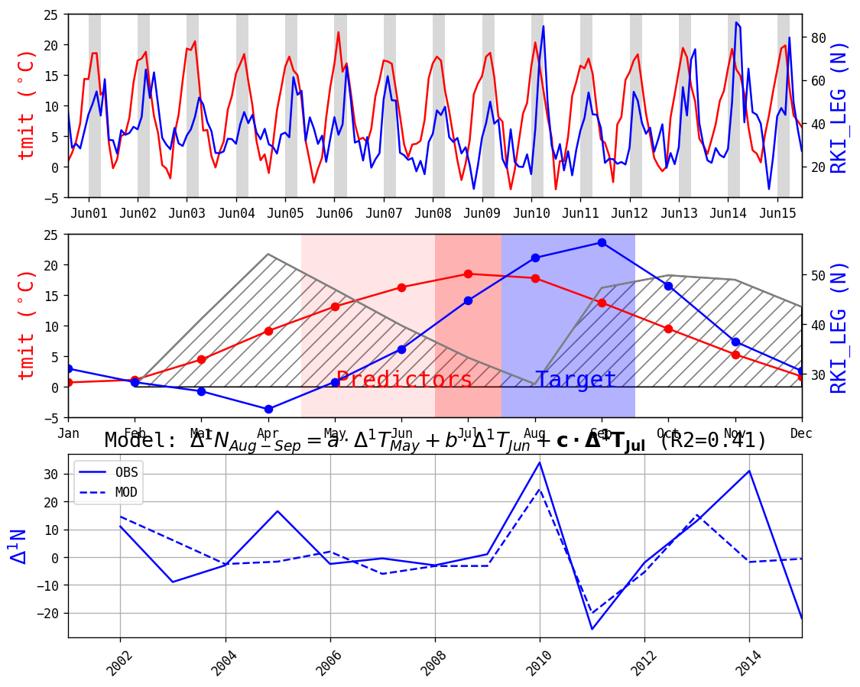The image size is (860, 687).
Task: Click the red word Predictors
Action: click(x=404, y=380)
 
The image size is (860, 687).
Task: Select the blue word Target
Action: click(x=576, y=380)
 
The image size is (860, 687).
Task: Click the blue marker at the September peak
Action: click(x=602, y=242)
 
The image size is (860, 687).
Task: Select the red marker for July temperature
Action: click(x=468, y=274)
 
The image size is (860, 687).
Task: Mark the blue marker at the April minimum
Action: click(x=268, y=409)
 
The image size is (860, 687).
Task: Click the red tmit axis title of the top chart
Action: click(x=27, y=105)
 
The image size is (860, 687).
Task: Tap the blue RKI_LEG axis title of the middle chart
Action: click(x=839, y=326)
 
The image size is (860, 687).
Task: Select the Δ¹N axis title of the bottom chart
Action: click(x=19, y=546)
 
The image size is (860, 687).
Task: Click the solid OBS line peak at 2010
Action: click(x=539, y=462)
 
